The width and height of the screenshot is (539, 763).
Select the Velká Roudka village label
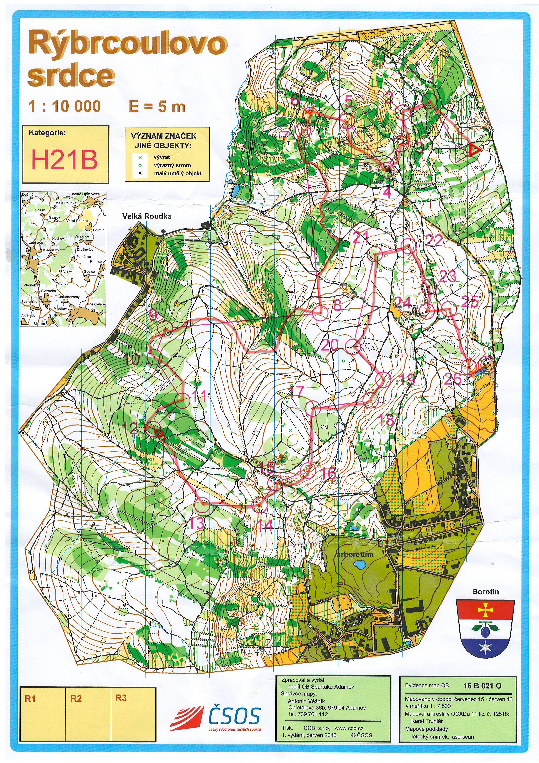[x=147, y=216]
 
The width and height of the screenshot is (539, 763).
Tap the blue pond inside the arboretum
[x=359, y=564]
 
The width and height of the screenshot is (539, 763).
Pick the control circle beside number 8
[x=321, y=313]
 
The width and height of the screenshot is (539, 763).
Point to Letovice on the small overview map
[x=35, y=242]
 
